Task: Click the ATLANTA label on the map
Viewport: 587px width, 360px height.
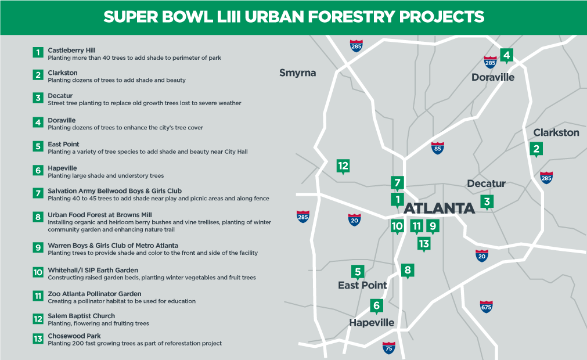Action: [x=439, y=208]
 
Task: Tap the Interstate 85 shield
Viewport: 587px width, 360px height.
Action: [x=438, y=148]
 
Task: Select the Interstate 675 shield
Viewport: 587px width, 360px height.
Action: [x=486, y=307]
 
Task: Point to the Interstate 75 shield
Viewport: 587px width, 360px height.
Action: [x=389, y=348]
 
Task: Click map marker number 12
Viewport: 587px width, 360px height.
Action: [x=343, y=166]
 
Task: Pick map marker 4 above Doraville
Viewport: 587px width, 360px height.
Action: [x=506, y=56]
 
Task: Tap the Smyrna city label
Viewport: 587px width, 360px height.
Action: [x=298, y=73]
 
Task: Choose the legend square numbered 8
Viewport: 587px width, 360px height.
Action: [x=38, y=217]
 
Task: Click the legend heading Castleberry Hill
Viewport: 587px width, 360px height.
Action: [x=71, y=50]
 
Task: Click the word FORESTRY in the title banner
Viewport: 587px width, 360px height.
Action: [x=351, y=17]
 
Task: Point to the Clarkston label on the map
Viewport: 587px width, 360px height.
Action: [x=556, y=132]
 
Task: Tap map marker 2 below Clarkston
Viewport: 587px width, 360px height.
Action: [x=536, y=149]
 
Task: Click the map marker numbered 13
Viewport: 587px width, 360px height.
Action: [x=424, y=244]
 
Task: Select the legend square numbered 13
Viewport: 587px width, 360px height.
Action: [x=38, y=339]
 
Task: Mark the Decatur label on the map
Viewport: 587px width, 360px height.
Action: [x=487, y=183]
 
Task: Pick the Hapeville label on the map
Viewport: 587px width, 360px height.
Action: [x=372, y=323]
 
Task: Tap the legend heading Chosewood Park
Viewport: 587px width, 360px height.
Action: [x=74, y=336]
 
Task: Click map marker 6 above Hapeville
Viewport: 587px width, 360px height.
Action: [x=376, y=306]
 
